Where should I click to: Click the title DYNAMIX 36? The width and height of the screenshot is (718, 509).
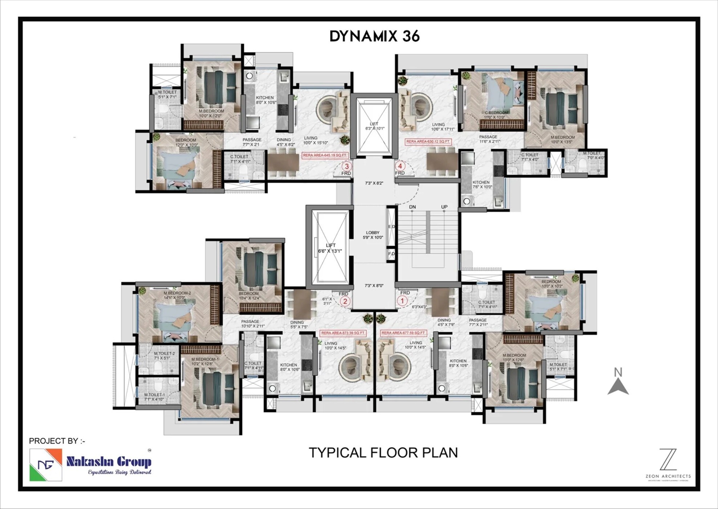[x=374, y=36]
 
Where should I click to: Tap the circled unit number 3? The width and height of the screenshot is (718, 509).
[x=347, y=167]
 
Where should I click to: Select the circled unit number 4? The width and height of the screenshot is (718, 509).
[x=400, y=166]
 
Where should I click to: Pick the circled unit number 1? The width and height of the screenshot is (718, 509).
[x=402, y=301]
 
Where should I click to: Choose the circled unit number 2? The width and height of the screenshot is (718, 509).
[x=345, y=301]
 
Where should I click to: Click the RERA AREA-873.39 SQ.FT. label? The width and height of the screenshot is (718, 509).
[x=343, y=333]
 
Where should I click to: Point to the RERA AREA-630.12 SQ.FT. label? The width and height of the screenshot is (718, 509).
[x=428, y=141]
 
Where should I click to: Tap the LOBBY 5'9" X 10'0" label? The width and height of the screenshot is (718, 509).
[x=373, y=235]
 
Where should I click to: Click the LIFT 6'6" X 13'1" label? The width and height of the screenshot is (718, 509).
[x=330, y=248]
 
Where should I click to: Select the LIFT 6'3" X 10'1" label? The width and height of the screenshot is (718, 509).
[x=374, y=126]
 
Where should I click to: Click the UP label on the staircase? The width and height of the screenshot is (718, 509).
[x=444, y=207]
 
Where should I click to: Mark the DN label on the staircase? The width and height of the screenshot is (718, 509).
[x=412, y=207]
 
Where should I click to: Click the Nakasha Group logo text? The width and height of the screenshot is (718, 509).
[x=109, y=462]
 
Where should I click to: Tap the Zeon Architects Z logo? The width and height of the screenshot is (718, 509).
[x=668, y=460]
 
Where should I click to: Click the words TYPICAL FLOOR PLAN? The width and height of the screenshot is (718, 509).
[x=383, y=453]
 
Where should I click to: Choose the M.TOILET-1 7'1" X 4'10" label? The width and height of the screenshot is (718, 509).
[x=154, y=397]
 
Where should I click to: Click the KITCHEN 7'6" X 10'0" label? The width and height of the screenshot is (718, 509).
[x=482, y=184]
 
